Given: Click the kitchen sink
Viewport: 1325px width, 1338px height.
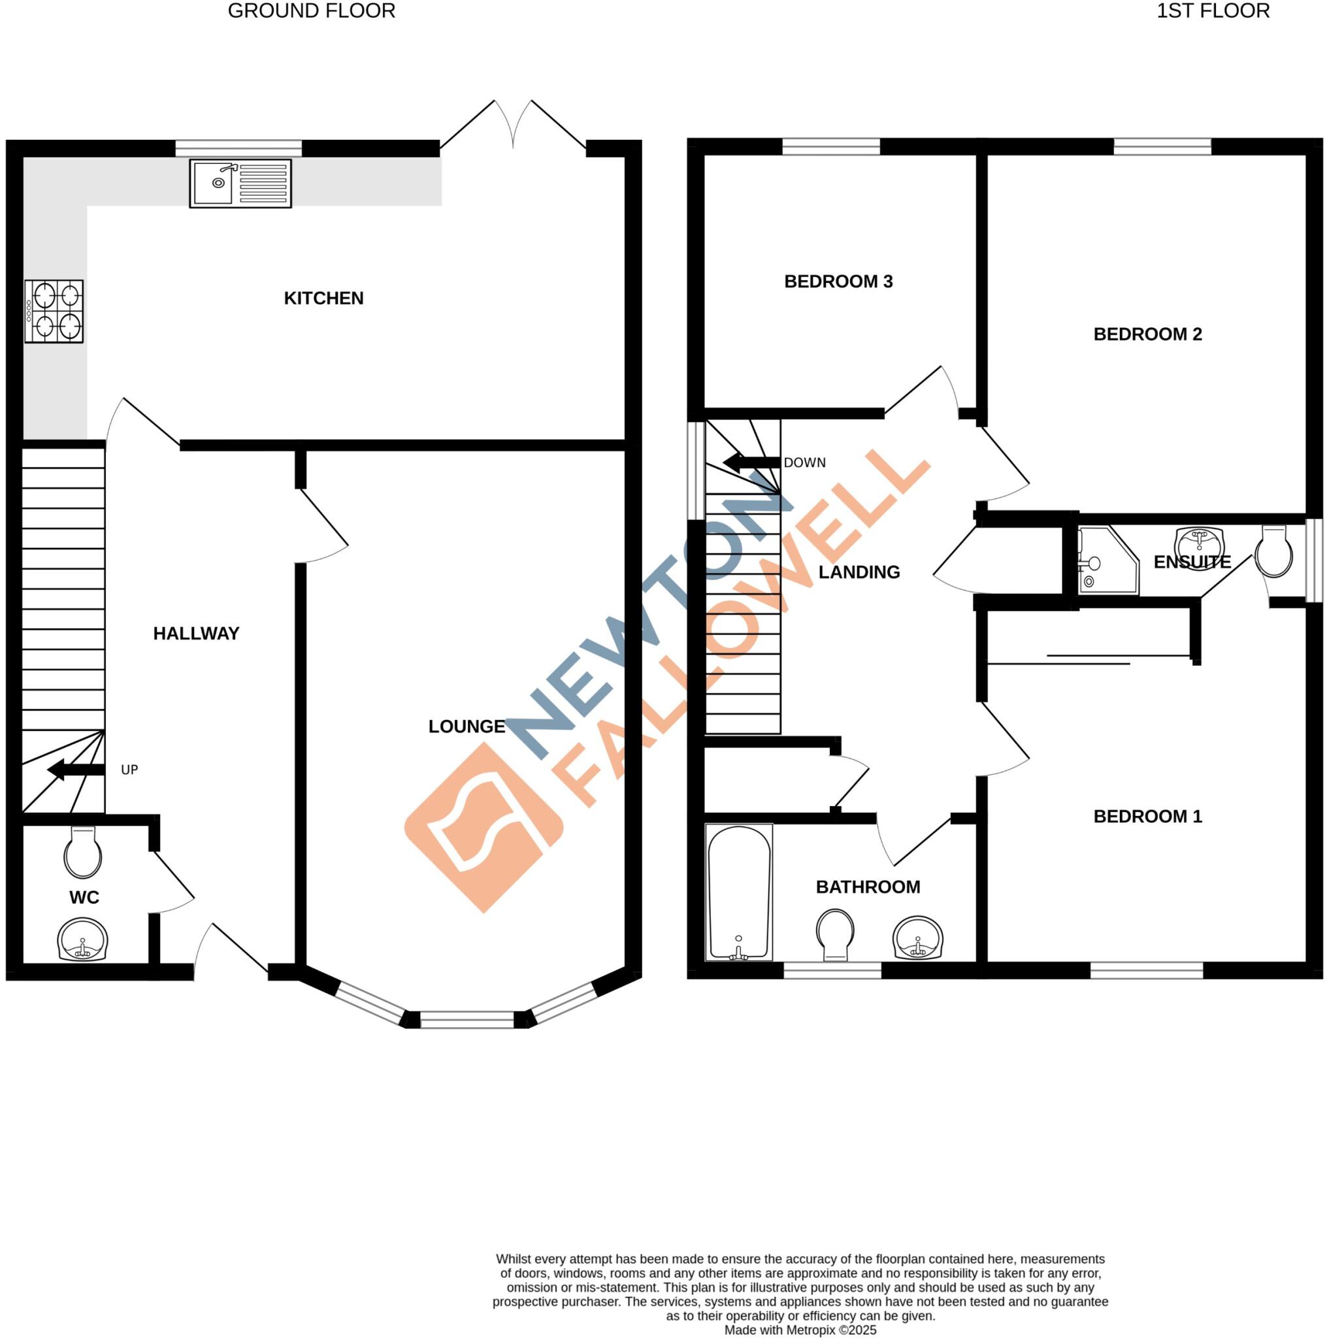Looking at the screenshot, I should (240, 184).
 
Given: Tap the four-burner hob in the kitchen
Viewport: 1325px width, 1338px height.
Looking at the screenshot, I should (54, 311).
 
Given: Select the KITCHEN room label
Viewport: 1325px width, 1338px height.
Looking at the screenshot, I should (323, 299).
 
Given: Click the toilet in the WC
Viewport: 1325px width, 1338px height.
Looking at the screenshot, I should (82, 854).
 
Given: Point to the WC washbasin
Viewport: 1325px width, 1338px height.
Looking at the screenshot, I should (82, 939).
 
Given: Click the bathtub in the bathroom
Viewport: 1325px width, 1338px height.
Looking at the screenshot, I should (738, 892).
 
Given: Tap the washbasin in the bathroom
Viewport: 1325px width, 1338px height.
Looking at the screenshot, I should (919, 938).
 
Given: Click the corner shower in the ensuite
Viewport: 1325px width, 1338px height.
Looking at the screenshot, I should (1106, 561).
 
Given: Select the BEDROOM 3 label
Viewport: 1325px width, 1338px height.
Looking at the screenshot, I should (838, 282).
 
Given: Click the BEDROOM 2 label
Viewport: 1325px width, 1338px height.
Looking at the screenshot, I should (1148, 334).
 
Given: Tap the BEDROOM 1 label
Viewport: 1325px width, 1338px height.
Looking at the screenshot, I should (1148, 817).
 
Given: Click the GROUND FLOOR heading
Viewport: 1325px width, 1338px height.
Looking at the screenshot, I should (312, 11).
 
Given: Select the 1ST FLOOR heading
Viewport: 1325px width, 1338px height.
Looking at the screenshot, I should (1213, 11).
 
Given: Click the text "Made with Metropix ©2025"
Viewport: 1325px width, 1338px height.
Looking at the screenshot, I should (800, 1330).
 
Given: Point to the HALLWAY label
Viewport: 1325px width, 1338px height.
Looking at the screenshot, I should (196, 634).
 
